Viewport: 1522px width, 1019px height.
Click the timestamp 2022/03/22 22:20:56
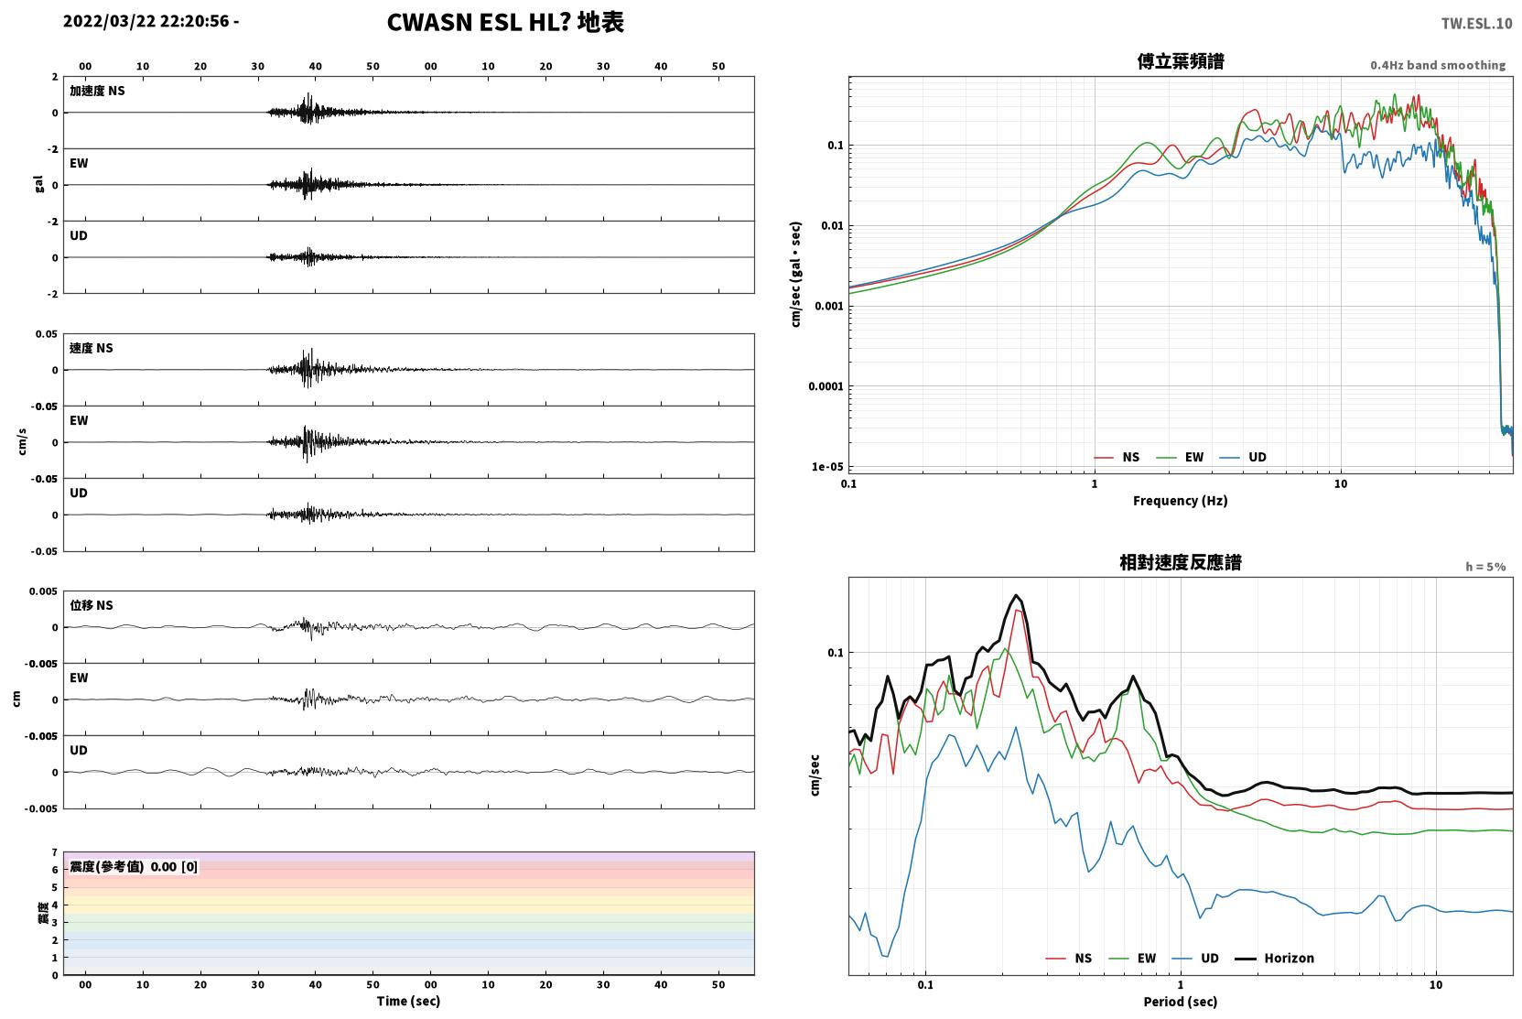(146, 21)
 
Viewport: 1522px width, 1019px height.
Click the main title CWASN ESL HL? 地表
(505, 23)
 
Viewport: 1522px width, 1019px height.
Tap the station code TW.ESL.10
(1476, 24)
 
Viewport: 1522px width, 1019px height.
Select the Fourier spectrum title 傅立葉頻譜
(1181, 61)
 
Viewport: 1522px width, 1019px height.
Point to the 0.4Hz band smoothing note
(1438, 65)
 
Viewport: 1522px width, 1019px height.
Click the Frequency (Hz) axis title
(1181, 501)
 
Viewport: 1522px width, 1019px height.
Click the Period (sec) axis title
(1181, 1002)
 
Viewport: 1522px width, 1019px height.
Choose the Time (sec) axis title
(408, 1001)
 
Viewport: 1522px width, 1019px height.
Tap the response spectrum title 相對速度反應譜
(1181, 562)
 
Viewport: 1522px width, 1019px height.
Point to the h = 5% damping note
(1485, 567)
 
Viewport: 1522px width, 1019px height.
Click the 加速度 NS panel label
(97, 91)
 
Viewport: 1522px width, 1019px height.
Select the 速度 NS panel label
(91, 348)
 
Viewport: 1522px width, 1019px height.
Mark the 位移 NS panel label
(91, 605)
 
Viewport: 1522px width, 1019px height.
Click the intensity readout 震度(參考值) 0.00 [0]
(134, 867)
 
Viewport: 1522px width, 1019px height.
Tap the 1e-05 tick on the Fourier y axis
(827, 467)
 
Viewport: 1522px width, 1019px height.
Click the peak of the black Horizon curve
(1017, 595)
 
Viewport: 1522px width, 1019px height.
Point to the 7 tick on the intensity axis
(55, 852)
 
